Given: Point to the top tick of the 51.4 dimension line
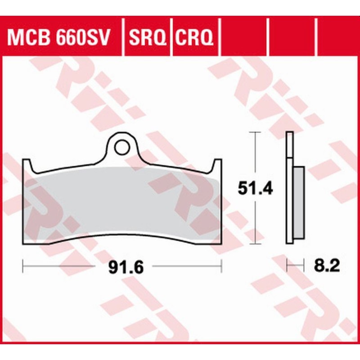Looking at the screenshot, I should pyautogui.click(x=255, y=132).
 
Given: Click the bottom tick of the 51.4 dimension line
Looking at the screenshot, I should pyautogui.click(x=255, y=244).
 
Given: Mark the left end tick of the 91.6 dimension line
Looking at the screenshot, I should pyautogui.click(x=23, y=266).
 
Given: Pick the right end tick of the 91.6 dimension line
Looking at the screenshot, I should pyautogui.click(x=221, y=266).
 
